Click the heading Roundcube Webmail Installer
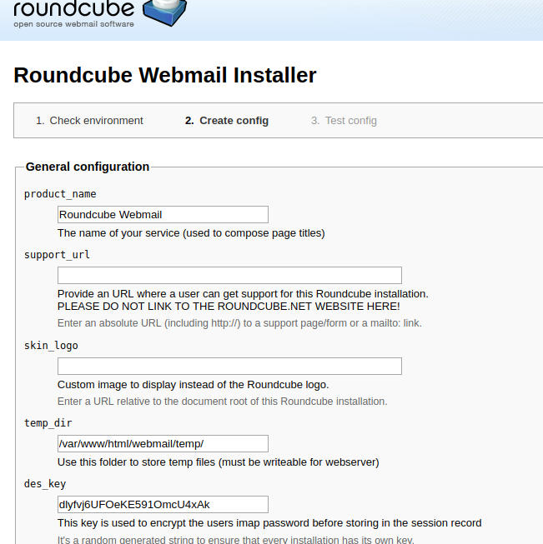pyautogui.click(x=165, y=75)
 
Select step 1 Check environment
pyautogui.click(x=89, y=121)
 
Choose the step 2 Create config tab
pyautogui.click(x=227, y=121)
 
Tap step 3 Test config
pyautogui.click(x=344, y=121)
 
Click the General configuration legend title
pyautogui.click(x=88, y=167)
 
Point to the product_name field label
pyautogui.click(x=60, y=194)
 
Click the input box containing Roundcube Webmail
pyautogui.click(x=163, y=214)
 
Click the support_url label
pyautogui.click(x=57, y=255)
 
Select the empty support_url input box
pyautogui.click(x=229, y=275)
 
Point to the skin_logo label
pyautogui.click(x=51, y=346)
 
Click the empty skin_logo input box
pyautogui.click(x=229, y=366)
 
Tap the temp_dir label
pyautogui.click(x=48, y=423)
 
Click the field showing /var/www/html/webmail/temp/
pyautogui.click(x=163, y=443)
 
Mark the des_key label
pyautogui.click(x=45, y=484)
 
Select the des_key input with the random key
pyautogui.click(x=163, y=504)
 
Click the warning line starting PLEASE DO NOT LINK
pyautogui.click(x=229, y=307)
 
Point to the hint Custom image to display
pyautogui.click(x=193, y=385)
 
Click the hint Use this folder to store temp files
pyautogui.click(x=218, y=462)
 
